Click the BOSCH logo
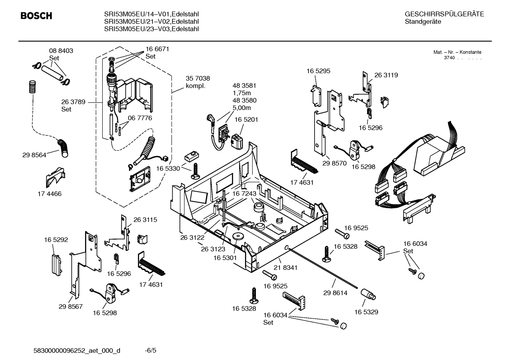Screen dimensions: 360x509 pyautogui.click(x=36, y=16)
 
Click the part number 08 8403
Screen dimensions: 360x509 pyautogui.click(x=61, y=51)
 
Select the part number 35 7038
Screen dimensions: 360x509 pyautogui.click(x=198, y=78)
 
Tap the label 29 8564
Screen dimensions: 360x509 pyautogui.click(x=34, y=155)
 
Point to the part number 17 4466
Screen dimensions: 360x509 pyautogui.click(x=49, y=194)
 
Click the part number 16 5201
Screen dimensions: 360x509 pyautogui.click(x=246, y=120)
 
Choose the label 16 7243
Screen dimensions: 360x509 pyautogui.click(x=244, y=194)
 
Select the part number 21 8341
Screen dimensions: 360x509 pyautogui.click(x=286, y=268)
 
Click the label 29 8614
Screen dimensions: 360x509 pyautogui.click(x=335, y=293)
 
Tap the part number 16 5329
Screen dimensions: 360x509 pyautogui.click(x=366, y=312)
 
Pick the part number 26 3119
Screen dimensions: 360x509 pyautogui.click(x=386, y=75)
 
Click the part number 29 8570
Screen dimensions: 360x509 pyautogui.click(x=334, y=164)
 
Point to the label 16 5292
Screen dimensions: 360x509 pyautogui.click(x=56, y=240)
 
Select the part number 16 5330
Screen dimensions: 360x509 pyautogui.click(x=168, y=169)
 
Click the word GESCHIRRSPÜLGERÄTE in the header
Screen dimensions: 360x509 pyautogui.click(x=444, y=14)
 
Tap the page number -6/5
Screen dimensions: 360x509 pyautogui.click(x=150, y=350)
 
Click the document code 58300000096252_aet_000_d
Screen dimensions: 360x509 pyautogui.click(x=77, y=350)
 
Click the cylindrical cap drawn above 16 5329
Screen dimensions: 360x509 pyautogui.click(x=368, y=294)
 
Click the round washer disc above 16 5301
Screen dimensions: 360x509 pyautogui.click(x=237, y=236)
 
